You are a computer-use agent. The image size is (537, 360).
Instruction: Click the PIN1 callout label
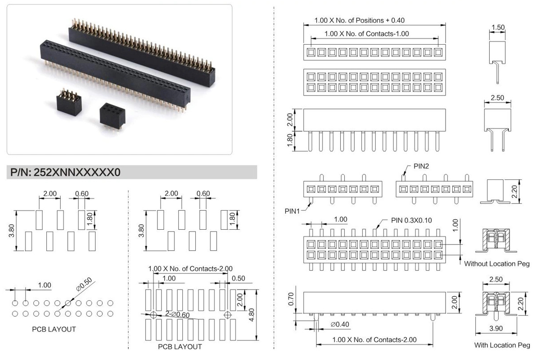point(292,211)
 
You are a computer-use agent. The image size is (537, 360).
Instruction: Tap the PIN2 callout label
point(421,166)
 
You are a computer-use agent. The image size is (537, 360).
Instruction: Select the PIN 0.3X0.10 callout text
point(411,220)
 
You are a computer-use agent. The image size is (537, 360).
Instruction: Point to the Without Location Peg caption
point(497,264)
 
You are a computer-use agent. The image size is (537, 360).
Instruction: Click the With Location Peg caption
point(502,345)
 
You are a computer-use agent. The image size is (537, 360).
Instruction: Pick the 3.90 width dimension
point(496,328)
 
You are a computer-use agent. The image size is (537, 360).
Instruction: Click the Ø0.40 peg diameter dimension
point(340,324)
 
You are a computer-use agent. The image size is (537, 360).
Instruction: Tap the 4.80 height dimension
point(251,315)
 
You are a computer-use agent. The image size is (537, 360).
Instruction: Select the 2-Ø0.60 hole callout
point(178,314)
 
